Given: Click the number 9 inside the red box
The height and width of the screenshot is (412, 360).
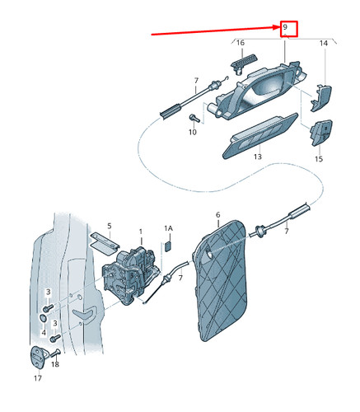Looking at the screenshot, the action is coord(285,27).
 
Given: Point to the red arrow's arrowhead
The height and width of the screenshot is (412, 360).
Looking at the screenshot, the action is coord(276,27).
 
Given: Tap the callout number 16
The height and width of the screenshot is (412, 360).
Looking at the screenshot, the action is coord(241,43).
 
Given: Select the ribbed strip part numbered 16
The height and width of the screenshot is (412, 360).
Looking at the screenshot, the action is coord(244,63).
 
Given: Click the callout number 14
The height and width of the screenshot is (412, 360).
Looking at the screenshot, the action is coord(324,43).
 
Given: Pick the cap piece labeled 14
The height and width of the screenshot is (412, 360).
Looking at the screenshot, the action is coord(320,98).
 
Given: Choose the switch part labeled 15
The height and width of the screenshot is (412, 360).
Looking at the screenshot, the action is coord(321,133).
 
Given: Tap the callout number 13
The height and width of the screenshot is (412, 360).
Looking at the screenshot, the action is coord(258,157).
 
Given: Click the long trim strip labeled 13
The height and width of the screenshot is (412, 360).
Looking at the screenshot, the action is coord(259,136).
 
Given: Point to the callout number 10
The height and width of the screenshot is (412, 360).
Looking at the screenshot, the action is coord(193,132).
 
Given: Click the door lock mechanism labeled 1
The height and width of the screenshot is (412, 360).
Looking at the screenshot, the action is coord(130,275).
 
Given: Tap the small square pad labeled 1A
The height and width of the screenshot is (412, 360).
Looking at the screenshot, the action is coord(168,246).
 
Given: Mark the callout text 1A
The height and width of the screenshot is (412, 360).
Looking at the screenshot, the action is coord(169,228).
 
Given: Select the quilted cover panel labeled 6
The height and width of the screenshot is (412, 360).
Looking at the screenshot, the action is coord(220,280).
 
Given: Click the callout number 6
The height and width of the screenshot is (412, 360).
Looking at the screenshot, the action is coord(218,214).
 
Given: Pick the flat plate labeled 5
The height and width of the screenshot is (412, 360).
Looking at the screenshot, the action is coord(105,244).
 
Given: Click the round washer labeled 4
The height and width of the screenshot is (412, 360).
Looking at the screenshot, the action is coord(44,318).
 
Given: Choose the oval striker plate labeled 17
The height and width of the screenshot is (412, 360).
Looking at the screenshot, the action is coord(37,358).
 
